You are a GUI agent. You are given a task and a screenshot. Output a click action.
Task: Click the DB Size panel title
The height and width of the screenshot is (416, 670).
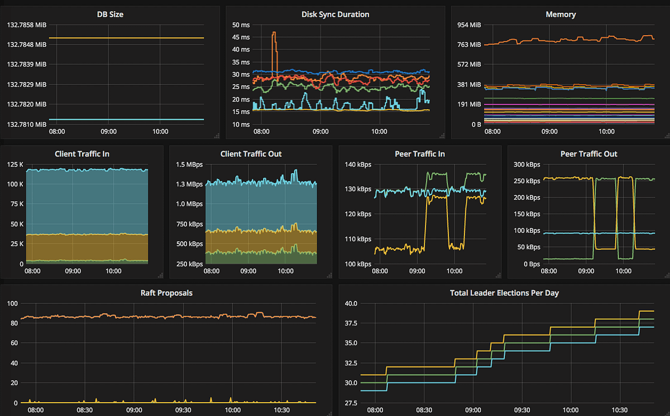point(110,15)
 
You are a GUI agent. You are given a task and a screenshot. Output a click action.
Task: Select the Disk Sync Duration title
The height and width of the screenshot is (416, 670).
point(335,15)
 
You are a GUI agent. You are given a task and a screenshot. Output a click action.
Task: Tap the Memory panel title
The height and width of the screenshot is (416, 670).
point(561,15)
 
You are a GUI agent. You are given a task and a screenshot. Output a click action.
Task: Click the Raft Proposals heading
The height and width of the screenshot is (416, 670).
point(166,293)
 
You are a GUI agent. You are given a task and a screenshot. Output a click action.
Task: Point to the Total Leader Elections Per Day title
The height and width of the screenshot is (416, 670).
point(504,293)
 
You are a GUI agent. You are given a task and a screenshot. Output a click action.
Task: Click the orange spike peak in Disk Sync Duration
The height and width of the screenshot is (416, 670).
point(274,33)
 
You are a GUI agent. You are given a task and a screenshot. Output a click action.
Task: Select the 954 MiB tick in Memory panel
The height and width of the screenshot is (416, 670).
point(468,25)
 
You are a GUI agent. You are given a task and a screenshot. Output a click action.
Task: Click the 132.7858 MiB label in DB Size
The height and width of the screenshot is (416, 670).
point(27,25)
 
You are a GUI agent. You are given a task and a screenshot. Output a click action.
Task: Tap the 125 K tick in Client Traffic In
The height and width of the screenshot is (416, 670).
point(14,164)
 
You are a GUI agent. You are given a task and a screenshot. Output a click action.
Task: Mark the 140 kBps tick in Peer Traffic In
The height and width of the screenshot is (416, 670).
point(358,164)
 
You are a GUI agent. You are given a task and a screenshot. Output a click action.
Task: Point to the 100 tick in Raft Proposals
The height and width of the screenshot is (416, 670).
point(12,303)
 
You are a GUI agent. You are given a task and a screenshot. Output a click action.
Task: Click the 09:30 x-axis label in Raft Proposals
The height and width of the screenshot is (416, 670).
point(183,409)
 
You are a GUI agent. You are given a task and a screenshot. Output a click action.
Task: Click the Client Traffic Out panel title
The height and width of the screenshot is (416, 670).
point(251,154)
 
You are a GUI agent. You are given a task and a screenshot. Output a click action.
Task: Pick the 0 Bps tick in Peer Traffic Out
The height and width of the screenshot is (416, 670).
point(529,264)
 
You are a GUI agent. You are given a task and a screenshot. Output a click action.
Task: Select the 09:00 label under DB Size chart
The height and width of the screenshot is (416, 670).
point(108,132)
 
